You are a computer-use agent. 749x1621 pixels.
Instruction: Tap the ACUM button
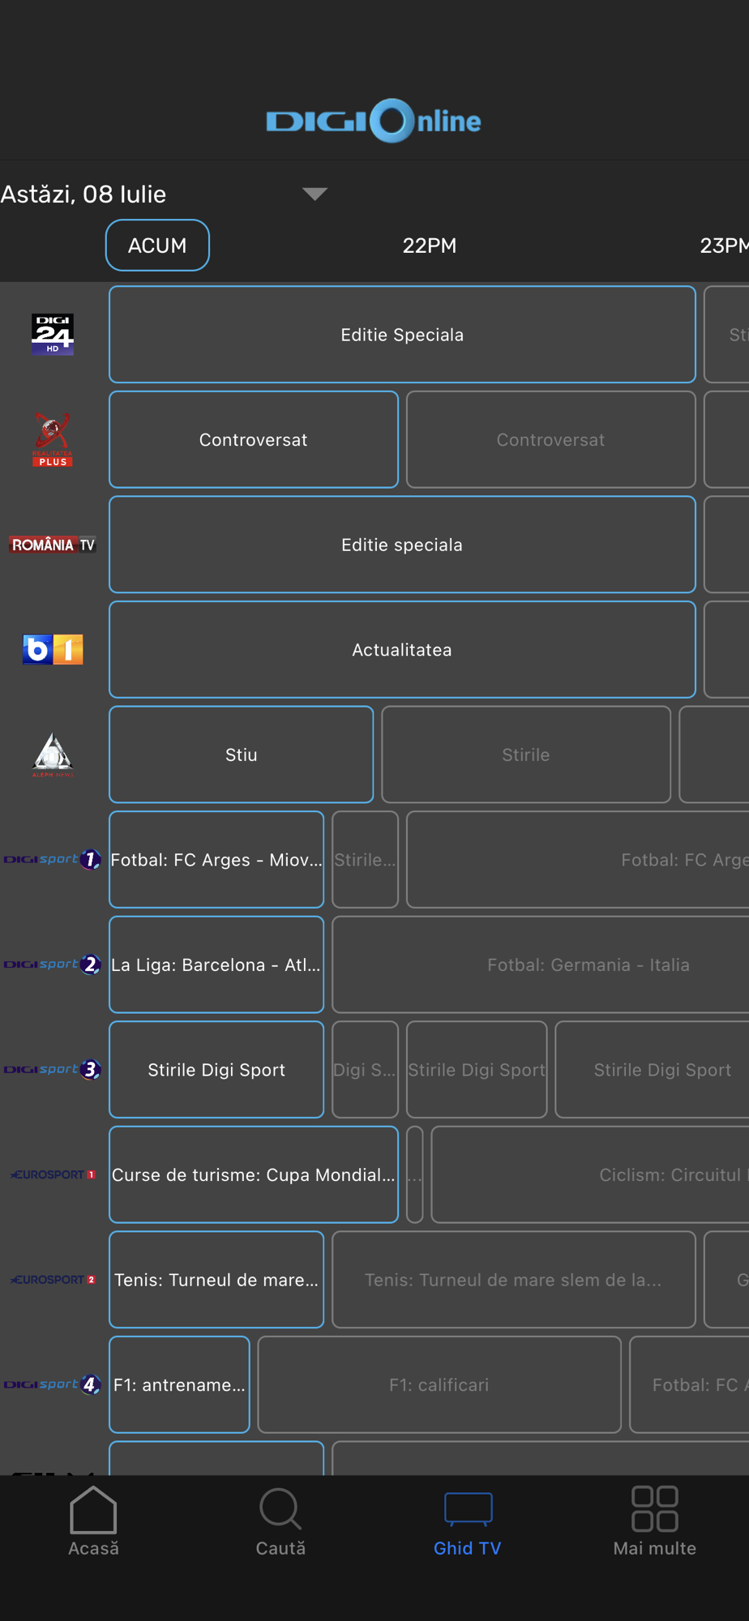(157, 246)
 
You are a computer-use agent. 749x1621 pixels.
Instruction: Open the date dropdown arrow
(315, 194)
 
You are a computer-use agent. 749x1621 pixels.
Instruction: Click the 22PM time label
(430, 246)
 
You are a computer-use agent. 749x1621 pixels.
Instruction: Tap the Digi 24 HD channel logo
(53, 335)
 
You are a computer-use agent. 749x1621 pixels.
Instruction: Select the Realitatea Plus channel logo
(53, 440)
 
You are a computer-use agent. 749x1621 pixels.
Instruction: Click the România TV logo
(53, 545)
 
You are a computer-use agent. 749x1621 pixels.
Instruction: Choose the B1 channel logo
(53, 649)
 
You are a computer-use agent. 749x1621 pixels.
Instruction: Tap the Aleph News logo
(53, 755)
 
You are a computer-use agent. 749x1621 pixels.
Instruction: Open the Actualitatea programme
(402, 649)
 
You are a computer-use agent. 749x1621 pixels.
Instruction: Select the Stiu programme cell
(241, 755)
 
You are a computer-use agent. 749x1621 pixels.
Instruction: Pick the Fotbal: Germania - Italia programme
(588, 964)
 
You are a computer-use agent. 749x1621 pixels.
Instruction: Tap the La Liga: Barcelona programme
(216, 964)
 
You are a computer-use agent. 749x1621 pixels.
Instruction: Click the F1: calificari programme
(439, 1384)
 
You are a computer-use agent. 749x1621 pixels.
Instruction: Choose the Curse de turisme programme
(254, 1174)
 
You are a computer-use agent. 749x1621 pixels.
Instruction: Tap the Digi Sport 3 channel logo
(53, 1070)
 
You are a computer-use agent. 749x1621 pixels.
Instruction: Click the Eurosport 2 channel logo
(53, 1280)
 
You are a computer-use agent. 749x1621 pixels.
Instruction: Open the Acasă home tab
(93, 1521)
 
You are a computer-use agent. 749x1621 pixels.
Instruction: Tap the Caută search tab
(280, 1521)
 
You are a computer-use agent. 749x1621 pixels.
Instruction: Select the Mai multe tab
(654, 1521)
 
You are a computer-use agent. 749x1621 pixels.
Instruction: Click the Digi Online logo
(374, 121)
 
